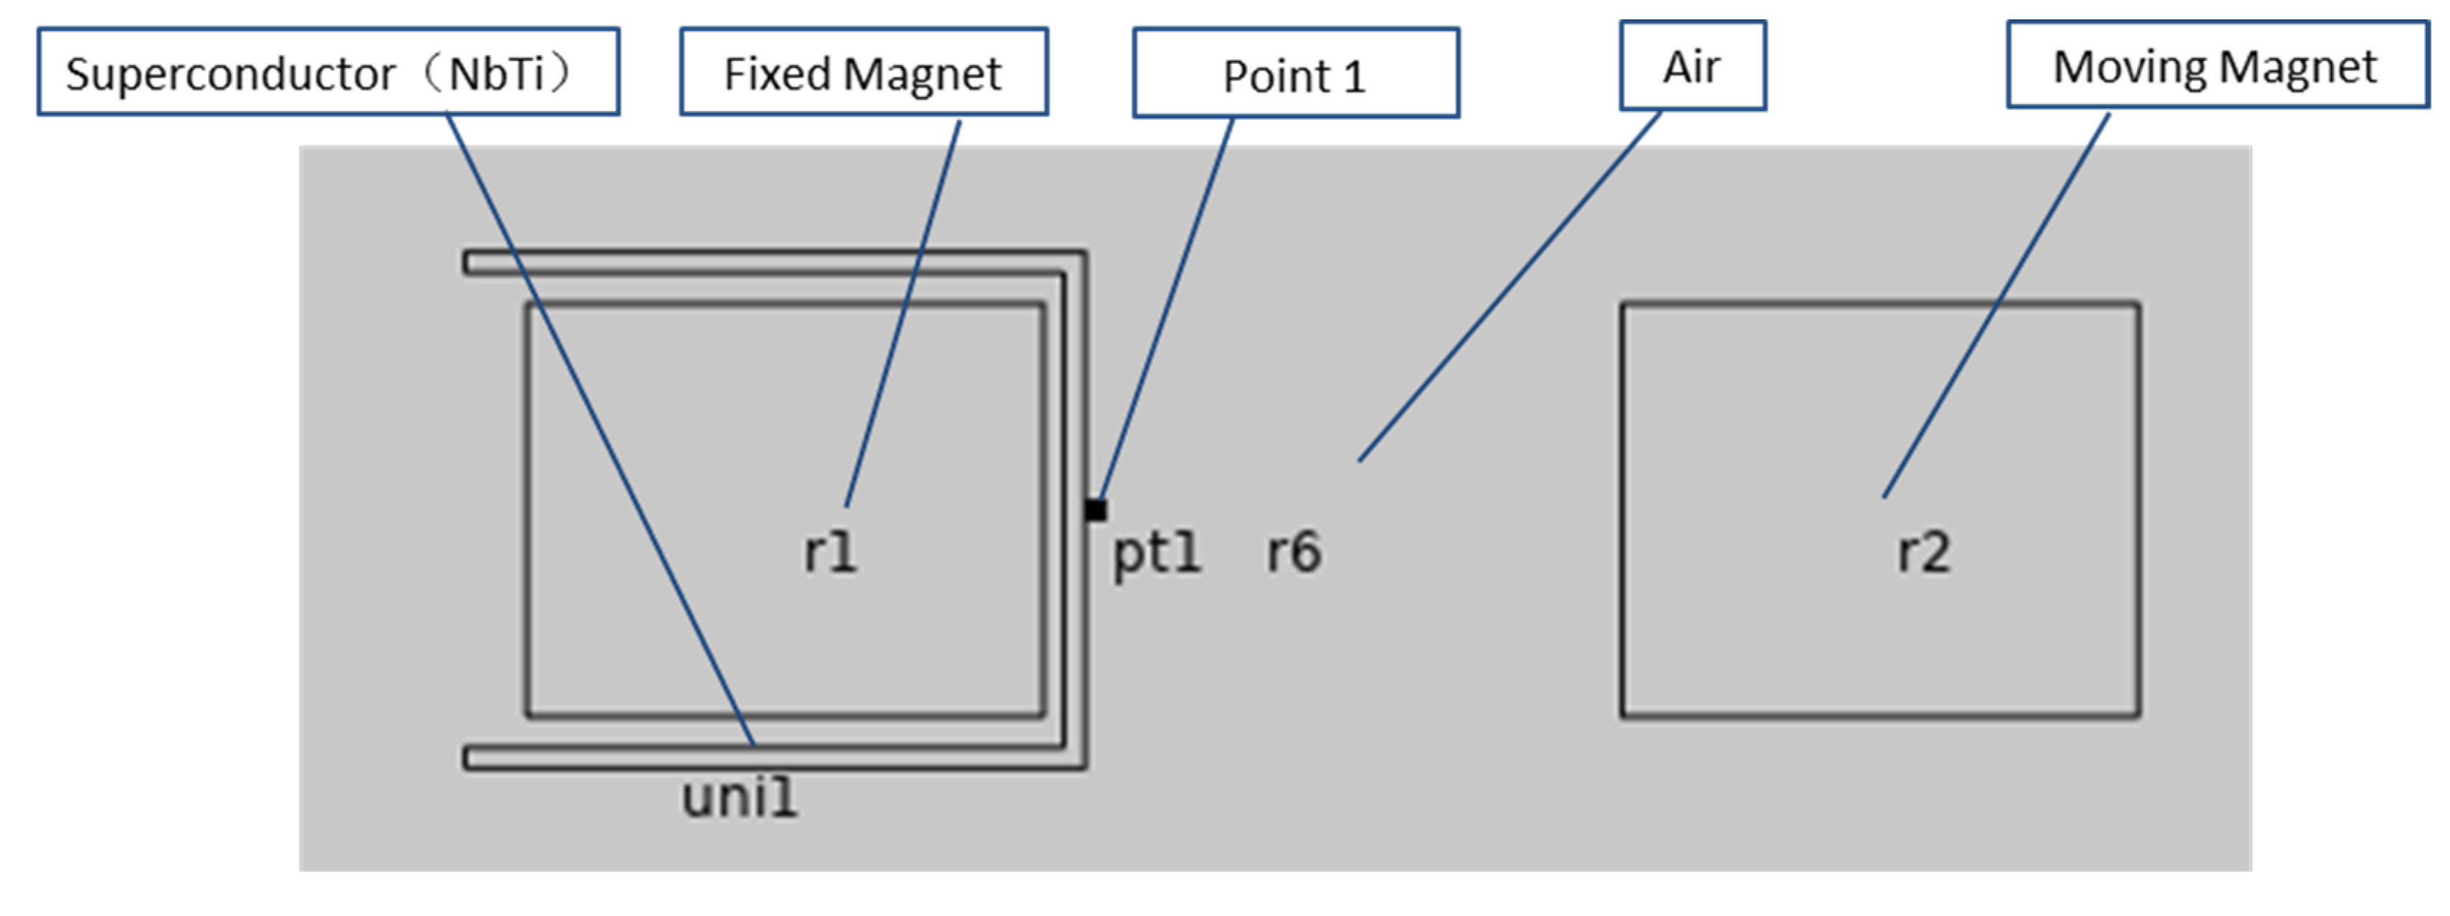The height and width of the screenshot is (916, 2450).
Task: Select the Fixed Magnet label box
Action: pos(864,72)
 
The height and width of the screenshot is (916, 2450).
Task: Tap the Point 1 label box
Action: pos(1296,74)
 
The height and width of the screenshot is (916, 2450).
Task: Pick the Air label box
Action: pos(1692,67)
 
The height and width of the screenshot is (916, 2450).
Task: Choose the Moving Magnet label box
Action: pos(2216,67)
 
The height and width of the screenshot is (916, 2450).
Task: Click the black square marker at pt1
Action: pos(1096,510)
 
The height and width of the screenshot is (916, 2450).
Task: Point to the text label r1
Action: pos(830,552)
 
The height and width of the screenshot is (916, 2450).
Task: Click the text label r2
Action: pos(1923,552)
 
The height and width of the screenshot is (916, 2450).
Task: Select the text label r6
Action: pos(1294,552)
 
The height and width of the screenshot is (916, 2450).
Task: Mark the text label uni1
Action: pos(739,797)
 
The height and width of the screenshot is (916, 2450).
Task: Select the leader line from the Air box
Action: pos(1512,285)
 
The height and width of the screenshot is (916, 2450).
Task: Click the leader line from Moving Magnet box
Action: pos(1997,304)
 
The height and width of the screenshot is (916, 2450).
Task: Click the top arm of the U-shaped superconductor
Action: pos(761,263)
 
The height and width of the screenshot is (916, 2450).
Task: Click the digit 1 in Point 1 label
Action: pos(1356,76)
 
